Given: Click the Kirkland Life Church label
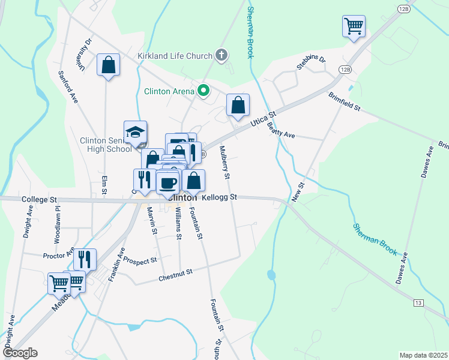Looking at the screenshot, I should [175, 56].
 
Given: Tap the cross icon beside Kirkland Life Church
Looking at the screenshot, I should [221, 56].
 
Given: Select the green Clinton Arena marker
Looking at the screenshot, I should [203, 91].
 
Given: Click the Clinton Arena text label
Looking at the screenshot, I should [169, 92].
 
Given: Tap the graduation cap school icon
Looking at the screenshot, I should [135, 132].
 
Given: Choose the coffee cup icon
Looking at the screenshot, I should [167, 182].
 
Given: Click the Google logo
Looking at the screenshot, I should [19, 353].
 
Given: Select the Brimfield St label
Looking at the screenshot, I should [344, 101].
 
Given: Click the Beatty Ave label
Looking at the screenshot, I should [282, 127].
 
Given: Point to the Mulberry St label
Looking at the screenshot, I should [224, 163].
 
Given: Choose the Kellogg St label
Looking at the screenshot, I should [220, 197].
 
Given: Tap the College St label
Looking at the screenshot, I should [38, 199].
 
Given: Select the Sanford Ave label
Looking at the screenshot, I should [68, 86].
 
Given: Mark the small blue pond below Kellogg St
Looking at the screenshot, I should [271, 275].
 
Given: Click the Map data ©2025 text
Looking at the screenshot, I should [423, 355].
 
